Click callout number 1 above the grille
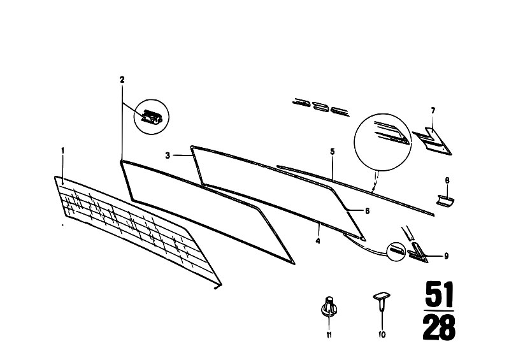(63, 150)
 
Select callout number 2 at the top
(122, 80)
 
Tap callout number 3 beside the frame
(168, 155)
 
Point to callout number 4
(318, 241)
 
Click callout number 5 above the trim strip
(333, 151)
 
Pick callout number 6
(367, 211)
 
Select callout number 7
(433, 111)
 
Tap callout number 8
(447, 180)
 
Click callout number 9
(447, 256)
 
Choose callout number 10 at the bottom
(382, 335)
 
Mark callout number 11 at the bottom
(329, 335)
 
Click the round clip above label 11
(329, 306)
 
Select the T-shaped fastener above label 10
(382, 301)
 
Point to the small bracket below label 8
(445, 201)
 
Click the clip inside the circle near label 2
(151, 117)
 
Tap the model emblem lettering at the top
(320, 107)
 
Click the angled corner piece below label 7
(433, 141)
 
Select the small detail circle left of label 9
(396, 251)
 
